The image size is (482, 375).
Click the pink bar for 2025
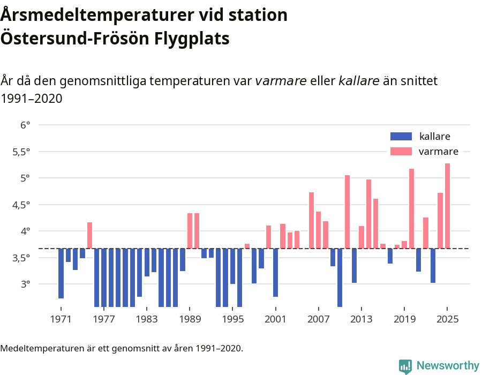(447, 206)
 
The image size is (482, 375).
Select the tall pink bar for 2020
(411, 208)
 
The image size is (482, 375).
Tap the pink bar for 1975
(89, 235)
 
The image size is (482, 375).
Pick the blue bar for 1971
(61, 273)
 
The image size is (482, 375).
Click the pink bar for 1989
(190, 230)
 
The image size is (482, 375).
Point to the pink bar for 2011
(347, 212)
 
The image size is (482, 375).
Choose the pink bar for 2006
(311, 220)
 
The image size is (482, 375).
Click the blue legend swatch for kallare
(401, 137)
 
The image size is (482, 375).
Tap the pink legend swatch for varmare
(401, 152)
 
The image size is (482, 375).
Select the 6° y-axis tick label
(25, 125)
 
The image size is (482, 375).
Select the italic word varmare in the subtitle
(280, 81)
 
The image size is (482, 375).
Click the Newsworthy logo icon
(405, 366)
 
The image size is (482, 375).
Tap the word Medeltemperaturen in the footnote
(37, 348)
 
